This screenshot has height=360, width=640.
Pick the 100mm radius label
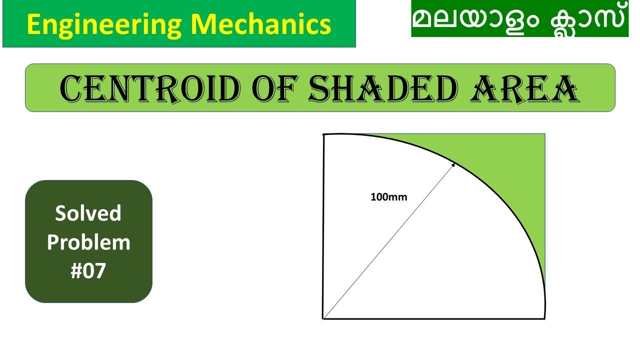pos(388,197)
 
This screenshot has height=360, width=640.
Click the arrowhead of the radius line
pos(453,164)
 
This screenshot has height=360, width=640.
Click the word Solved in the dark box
pos(88,213)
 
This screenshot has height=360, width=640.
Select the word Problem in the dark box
pos(88,242)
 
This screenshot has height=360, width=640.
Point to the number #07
pos(88,271)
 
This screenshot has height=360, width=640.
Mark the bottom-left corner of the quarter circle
pos(323,318)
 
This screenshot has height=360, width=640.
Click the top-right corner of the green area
pos(544,134)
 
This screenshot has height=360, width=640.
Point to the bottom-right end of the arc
pos(544,317)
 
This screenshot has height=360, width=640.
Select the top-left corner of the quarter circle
pos(324,134)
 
